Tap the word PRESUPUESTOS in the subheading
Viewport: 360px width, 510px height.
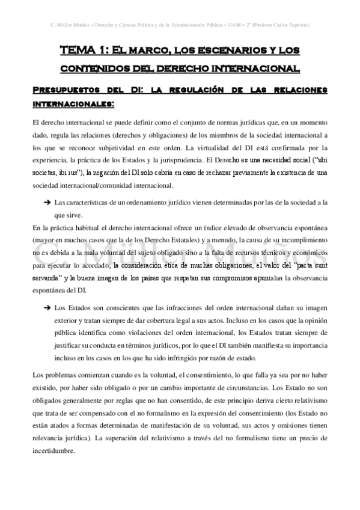pos(67,90)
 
